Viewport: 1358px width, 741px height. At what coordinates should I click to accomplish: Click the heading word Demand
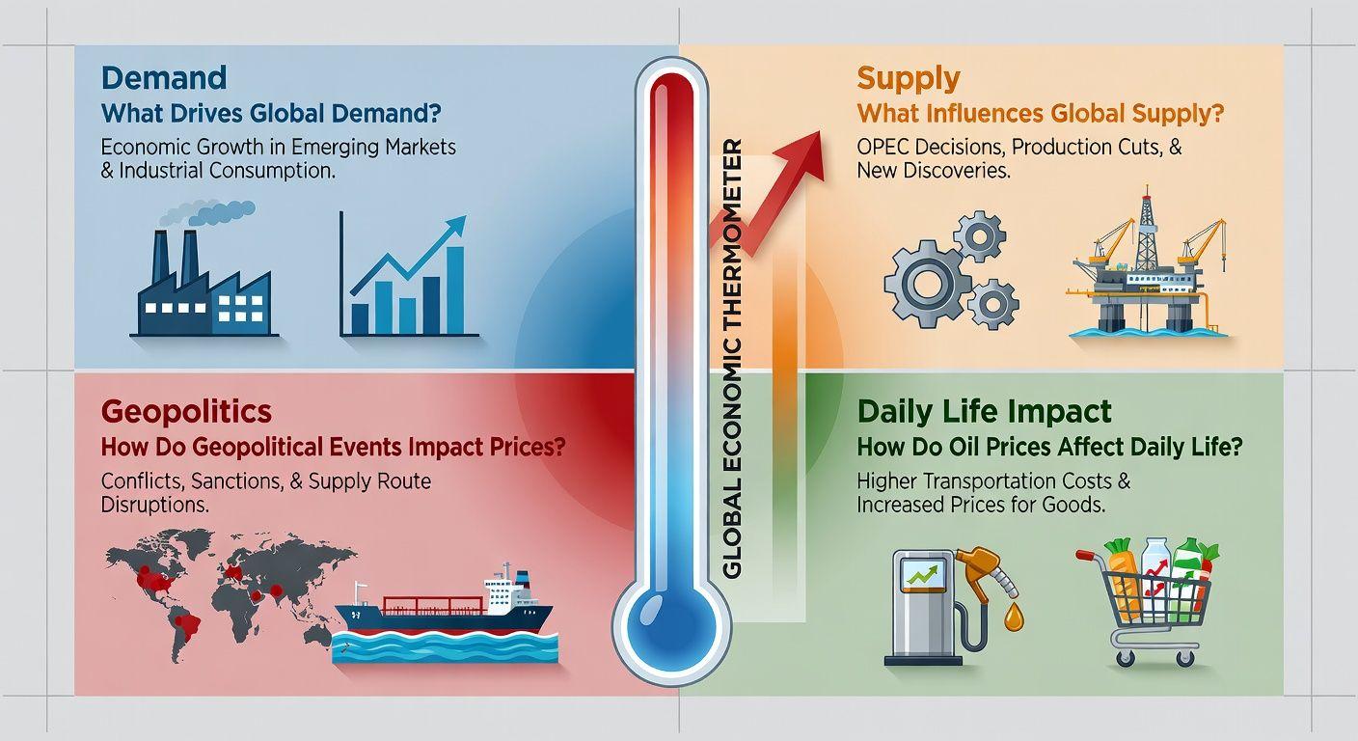164,78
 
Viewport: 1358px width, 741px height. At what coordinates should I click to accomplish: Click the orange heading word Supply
909,80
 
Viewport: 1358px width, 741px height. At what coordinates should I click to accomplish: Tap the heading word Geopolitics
186,412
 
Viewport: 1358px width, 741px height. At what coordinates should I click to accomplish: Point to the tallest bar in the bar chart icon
454,289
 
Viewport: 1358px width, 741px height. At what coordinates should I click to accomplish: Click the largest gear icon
926,283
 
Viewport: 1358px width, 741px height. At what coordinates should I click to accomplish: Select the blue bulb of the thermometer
670,623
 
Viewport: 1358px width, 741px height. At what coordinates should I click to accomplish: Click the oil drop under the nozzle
1013,617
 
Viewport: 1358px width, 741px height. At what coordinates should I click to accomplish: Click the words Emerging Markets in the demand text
373,148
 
